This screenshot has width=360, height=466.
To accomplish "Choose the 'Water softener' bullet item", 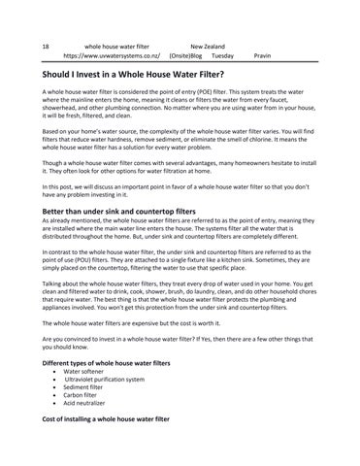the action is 84,372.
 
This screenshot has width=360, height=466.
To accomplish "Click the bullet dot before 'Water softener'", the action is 53,372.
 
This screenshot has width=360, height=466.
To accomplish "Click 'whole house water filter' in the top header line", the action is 117,46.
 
